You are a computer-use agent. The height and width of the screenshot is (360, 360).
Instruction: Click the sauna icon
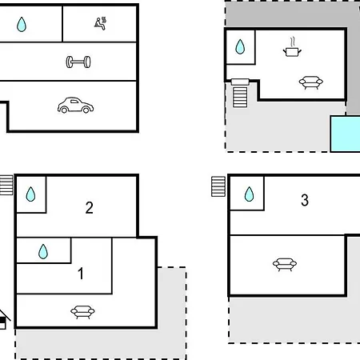pyautogui.click(x=100, y=23)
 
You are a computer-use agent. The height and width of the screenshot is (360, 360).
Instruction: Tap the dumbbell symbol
pyautogui.click(x=78, y=62)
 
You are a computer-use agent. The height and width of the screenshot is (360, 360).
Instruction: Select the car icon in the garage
pyautogui.click(x=75, y=105)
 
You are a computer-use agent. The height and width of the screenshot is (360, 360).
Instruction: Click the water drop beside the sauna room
pyautogui.click(x=22, y=25)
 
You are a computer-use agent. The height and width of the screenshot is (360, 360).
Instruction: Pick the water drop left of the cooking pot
pyautogui.click(x=240, y=47)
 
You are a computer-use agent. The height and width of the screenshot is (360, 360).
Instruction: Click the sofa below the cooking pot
pyautogui.click(x=311, y=82)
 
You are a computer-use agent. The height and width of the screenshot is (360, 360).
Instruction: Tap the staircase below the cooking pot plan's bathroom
pyautogui.click(x=240, y=93)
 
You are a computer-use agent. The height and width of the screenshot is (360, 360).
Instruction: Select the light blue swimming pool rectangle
pyautogui.click(x=345, y=134)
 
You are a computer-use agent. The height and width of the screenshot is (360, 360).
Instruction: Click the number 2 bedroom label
pyautogui.click(x=90, y=207)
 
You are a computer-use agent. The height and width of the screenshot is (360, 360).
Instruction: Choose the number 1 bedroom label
pyautogui.click(x=81, y=274)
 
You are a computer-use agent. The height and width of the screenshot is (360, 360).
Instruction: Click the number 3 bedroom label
pyautogui.click(x=305, y=200)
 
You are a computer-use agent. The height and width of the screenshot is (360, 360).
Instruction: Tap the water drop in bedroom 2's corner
pyautogui.click(x=30, y=194)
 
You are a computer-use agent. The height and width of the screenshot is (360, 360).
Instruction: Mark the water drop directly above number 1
pyautogui.click(x=43, y=251)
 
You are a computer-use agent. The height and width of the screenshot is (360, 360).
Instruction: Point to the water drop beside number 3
pyautogui.click(x=250, y=194)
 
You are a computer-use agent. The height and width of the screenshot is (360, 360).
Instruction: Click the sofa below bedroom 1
pyautogui.click(x=82, y=312)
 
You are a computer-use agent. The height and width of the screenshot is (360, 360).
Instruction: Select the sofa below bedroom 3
pyautogui.click(x=285, y=265)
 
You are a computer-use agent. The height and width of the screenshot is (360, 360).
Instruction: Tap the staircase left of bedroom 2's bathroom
pyautogui.click(x=6, y=185)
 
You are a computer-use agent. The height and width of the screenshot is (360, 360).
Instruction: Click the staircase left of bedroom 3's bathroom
pyautogui.click(x=218, y=186)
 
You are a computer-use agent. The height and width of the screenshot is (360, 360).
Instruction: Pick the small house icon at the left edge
pyautogui.click(x=3, y=319)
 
